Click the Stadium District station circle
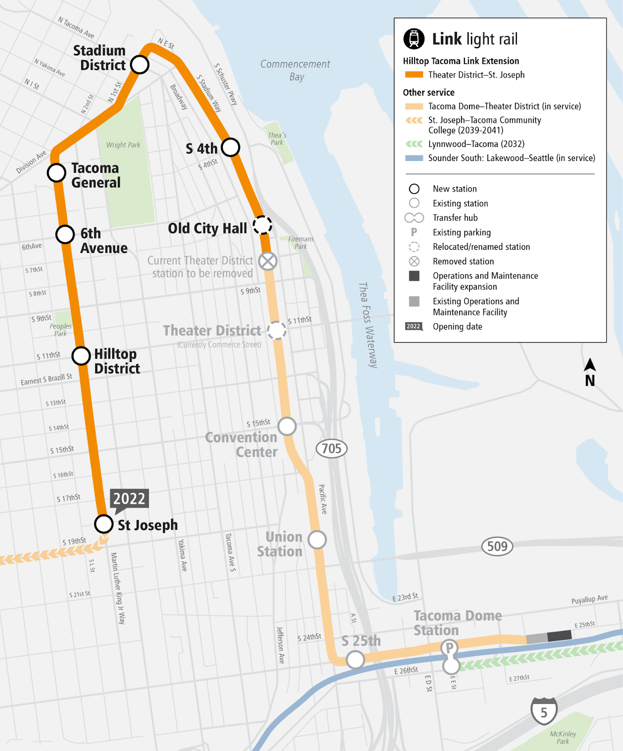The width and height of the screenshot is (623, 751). tap(139, 65)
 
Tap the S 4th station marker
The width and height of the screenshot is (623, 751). tap(231, 147)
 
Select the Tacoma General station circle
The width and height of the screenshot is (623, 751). tap(56, 173)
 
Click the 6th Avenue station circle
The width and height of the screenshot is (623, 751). tap(65, 234)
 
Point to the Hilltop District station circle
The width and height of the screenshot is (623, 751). tap(81, 356)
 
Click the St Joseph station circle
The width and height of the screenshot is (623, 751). tap(104, 524)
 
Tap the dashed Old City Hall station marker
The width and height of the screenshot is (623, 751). tap(262, 225)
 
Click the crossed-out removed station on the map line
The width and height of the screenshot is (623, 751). tap(268, 261)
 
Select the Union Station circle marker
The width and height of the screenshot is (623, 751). tap(317, 540)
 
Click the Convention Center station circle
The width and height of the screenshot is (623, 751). tap(287, 426)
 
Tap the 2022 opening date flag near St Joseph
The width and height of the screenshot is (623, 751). tap(129, 499)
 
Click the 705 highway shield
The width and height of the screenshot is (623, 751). tap(331, 449)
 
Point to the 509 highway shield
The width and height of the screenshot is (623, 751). tap(497, 546)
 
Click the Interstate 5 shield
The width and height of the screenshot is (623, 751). tap(544, 712)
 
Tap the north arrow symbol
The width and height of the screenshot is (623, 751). tap(590, 372)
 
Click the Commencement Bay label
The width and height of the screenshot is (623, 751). tap(295, 70)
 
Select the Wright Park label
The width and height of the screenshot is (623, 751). tap(123, 145)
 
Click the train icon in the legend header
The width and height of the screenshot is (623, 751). tap(414, 38)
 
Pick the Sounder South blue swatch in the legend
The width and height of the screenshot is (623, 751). tap(414, 158)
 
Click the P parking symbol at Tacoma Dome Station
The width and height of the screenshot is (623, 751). tap(449, 648)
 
